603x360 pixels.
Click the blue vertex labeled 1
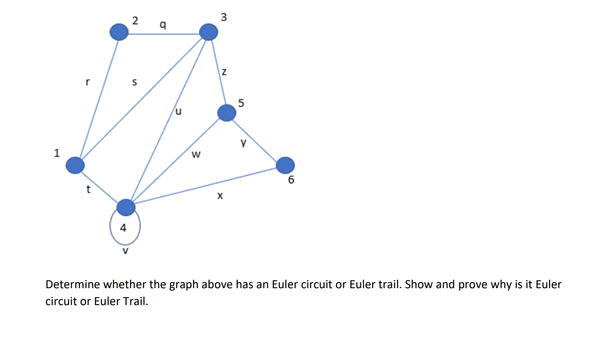tap(75, 165)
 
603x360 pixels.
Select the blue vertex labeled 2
tap(119, 32)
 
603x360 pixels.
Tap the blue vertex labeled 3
tap(209, 32)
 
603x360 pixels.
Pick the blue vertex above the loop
tap(126, 207)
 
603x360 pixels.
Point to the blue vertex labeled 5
tap(227, 113)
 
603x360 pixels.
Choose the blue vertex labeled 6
tap(285, 165)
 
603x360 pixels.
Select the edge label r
tap(87, 82)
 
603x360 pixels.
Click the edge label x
tap(219, 197)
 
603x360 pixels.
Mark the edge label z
tap(224, 73)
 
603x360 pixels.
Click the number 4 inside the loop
tap(123, 229)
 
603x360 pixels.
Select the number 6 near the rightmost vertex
tap(291, 180)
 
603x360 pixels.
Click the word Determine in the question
tap(73, 284)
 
